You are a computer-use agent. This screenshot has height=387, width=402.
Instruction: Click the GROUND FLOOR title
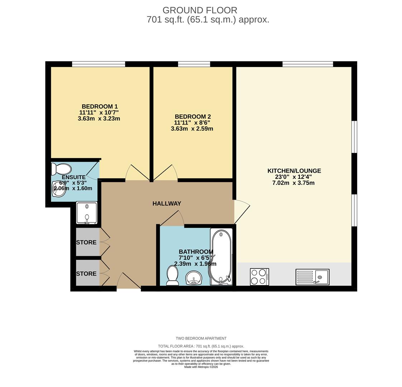click(x=200, y=10)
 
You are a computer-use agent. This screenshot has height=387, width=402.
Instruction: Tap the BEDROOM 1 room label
click(x=100, y=106)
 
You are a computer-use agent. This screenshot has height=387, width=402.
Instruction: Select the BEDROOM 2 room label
click(x=192, y=116)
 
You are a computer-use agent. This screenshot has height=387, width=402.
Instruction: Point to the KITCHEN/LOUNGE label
click(x=294, y=171)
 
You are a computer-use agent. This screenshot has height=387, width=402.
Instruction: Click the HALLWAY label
click(x=167, y=204)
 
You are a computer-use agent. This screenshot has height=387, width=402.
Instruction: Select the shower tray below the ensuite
click(x=87, y=213)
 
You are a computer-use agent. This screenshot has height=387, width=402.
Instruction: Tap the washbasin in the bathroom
click(x=194, y=278)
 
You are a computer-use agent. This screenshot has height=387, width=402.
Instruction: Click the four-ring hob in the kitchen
click(x=259, y=277)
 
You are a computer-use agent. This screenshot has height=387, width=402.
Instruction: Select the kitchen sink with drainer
click(x=312, y=277)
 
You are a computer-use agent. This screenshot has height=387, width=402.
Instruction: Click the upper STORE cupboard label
click(x=86, y=243)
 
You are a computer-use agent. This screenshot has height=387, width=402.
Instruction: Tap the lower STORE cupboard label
click(x=86, y=274)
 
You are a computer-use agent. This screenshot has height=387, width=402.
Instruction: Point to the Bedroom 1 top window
click(x=99, y=64)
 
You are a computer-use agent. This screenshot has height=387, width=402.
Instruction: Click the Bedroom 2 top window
click(x=194, y=64)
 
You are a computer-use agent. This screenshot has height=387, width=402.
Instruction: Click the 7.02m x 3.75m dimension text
click(x=293, y=183)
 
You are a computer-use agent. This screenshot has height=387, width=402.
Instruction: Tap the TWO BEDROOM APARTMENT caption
click(x=201, y=338)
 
